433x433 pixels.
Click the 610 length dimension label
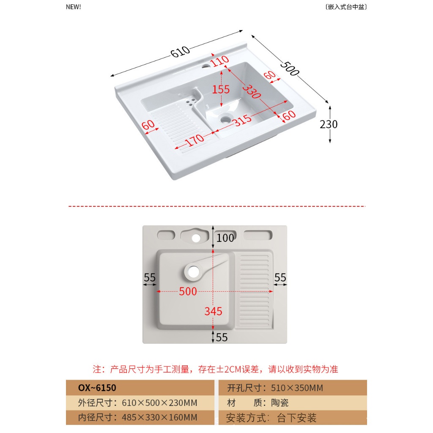click(x=180, y=52)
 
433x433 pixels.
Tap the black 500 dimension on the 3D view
click(x=290, y=69)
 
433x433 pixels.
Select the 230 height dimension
click(x=329, y=124)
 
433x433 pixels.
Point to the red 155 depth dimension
click(x=221, y=89)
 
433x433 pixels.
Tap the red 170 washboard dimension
click(x=195, y=139)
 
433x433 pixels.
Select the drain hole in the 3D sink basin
click(x=225, y=119)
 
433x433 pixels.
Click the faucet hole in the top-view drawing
click(x=196, y=238)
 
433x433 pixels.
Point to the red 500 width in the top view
click(x=188, y=291)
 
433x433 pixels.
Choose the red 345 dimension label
click(x=213, y=312)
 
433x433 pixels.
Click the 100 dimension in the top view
click(x=225, y=238)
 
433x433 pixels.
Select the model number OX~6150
click(x=97, y=388)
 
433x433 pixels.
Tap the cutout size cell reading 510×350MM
click(x=275, y=388)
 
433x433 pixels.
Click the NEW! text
click(x=74, y=7)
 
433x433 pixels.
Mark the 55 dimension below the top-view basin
click(x=222, y=337)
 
